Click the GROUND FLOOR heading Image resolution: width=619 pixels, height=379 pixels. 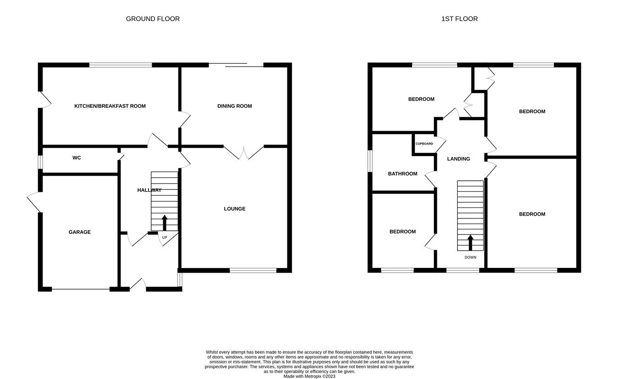tap(153, 19)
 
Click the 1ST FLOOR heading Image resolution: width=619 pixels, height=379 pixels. tap(459, 19)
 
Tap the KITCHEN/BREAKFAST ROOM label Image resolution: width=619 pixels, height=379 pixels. tap(110, 106)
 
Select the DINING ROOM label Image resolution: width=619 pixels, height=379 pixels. tap(234, 106)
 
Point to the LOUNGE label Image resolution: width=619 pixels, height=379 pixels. tap(234, 209)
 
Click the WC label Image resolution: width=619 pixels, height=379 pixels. tap(77, 158)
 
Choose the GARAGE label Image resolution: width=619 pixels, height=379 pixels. tap(80, 232)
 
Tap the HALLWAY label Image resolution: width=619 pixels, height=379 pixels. tap(149, 190)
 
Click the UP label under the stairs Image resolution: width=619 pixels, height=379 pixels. tap(165, 237)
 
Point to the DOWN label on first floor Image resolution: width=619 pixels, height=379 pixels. tap(470, 257)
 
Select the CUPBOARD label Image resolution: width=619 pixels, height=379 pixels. tap(424, 144)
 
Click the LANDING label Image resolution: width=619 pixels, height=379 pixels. tap(459, 159)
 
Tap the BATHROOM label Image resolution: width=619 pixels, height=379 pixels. tap(403, 173)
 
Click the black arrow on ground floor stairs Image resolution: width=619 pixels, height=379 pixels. tap(165, 222)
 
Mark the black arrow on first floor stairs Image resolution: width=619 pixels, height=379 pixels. tap(470, 242)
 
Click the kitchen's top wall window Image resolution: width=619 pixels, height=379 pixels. tap(121, 65)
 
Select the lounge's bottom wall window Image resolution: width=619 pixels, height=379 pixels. tap(253, 270)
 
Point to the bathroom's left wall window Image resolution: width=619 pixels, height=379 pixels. tap(370, 161)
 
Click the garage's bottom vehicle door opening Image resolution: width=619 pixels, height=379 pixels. tap(81, 289)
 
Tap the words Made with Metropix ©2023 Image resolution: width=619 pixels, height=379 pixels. tap(309, 376)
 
